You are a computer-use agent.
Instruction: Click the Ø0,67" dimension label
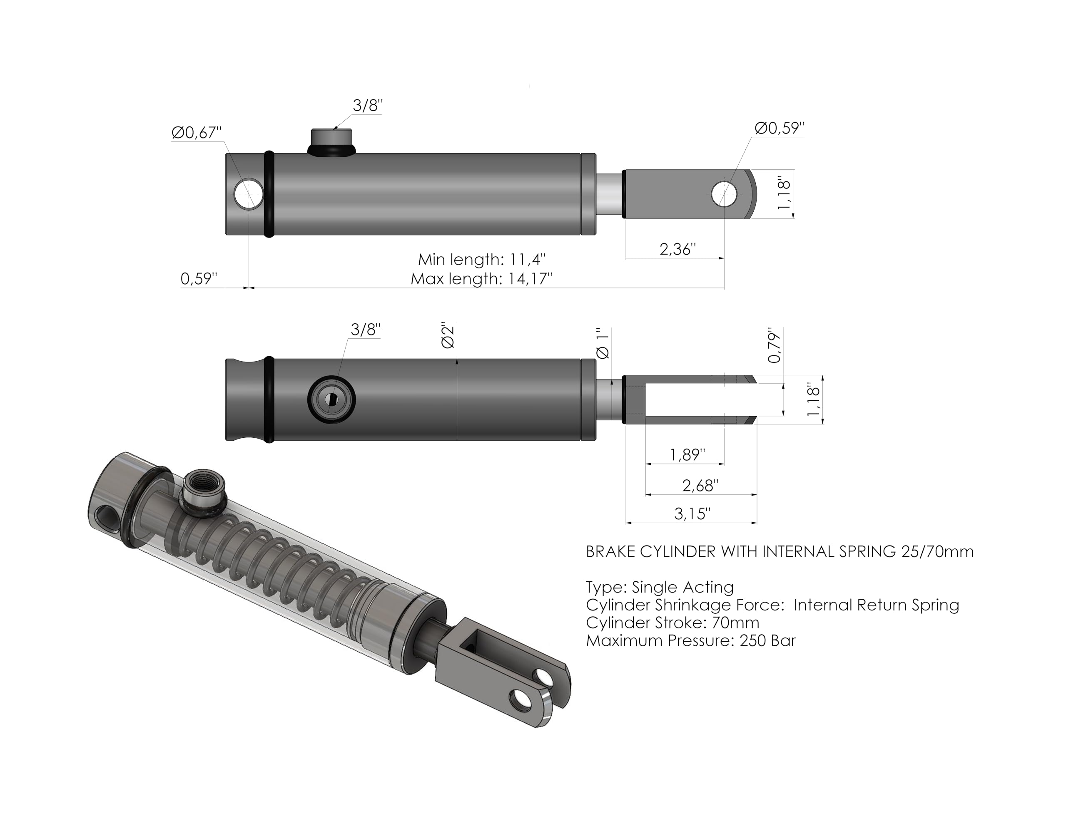pyautogui.click(x=197, y=132)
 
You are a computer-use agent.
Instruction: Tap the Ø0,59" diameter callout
pyautogui.click(x=780, y=128)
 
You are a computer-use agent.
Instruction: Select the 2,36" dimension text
pyautogui.click(x=677, y=249)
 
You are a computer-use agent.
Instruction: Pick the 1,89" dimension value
pyautogui.click(x=687, y=455)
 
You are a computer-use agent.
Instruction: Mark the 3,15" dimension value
pyautogui.click(x=692, y=513)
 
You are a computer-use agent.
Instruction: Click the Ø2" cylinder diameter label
pyautogui.click(x=448, y=335)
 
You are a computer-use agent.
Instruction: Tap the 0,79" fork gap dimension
pyautogui.click(x=774, y=345)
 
